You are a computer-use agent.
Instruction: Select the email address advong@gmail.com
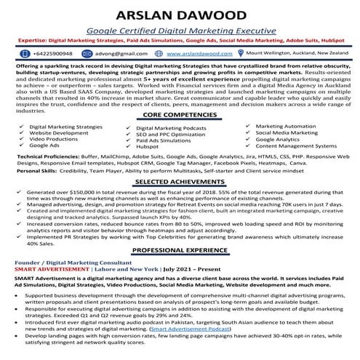coord(113,54)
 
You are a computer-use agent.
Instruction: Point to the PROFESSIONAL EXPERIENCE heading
coord(179,249)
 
